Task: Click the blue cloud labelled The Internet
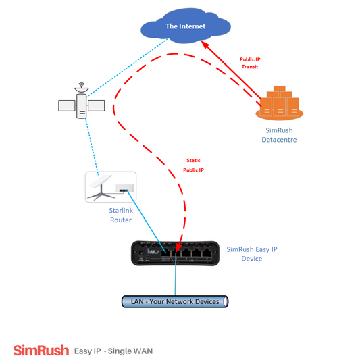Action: point(186,26)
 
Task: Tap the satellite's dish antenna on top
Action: point(82,88)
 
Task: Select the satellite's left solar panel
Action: point(67,105)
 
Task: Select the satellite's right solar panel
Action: point(97,105)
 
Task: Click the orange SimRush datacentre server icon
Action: point(280,103)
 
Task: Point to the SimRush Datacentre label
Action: point(279,135)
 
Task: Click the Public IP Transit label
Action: point(250,63)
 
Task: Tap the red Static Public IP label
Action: point(193,165)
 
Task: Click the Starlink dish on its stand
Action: point(101,187)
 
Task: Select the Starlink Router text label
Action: point(121,215)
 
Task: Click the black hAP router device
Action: point(175,253)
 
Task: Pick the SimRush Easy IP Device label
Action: point(252,254)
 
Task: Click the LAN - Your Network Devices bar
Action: point(175,301)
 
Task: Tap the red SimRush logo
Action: point(41,351)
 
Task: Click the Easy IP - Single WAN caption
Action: point(113,351)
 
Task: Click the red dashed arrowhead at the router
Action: point(178,247)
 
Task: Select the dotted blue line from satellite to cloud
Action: point(127,68)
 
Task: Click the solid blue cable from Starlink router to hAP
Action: point(147,222)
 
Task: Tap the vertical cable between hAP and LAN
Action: point(176,274)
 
